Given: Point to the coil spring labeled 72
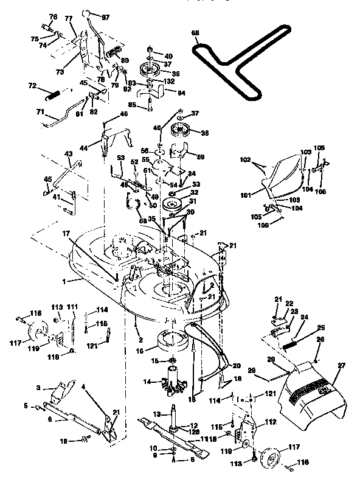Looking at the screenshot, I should (54, 95).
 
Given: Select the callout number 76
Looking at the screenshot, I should (52, 16).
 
